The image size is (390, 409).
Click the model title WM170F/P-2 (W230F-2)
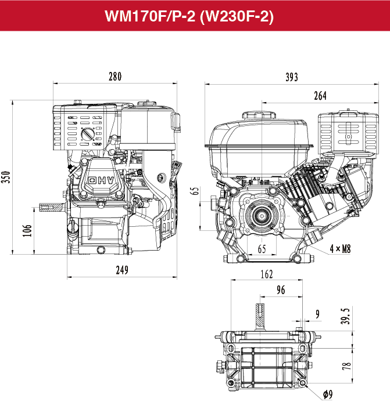pyautogui.click(x=195, y=16)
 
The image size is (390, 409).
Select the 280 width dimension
pyautogui.click(x=115, y=76)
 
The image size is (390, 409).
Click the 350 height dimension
pyautogui.click(x=6, y=176)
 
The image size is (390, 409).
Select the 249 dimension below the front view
pyautogui.click(x=121, y=270)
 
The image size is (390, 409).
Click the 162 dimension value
pyautogui.click(x=266, y=274)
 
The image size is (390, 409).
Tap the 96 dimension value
pyautogui.click(x=281, y=291)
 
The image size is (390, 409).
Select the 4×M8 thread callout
pyautogui.click(x=340, y=249)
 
